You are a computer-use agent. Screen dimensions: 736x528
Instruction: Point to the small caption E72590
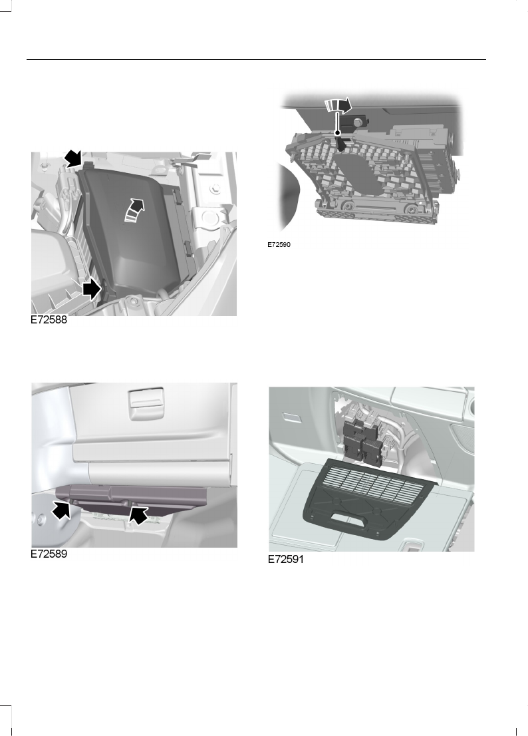(280, 245)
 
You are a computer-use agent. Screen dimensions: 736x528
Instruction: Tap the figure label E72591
(285, 560)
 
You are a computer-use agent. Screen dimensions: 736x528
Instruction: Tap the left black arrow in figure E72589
(61, 511)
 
